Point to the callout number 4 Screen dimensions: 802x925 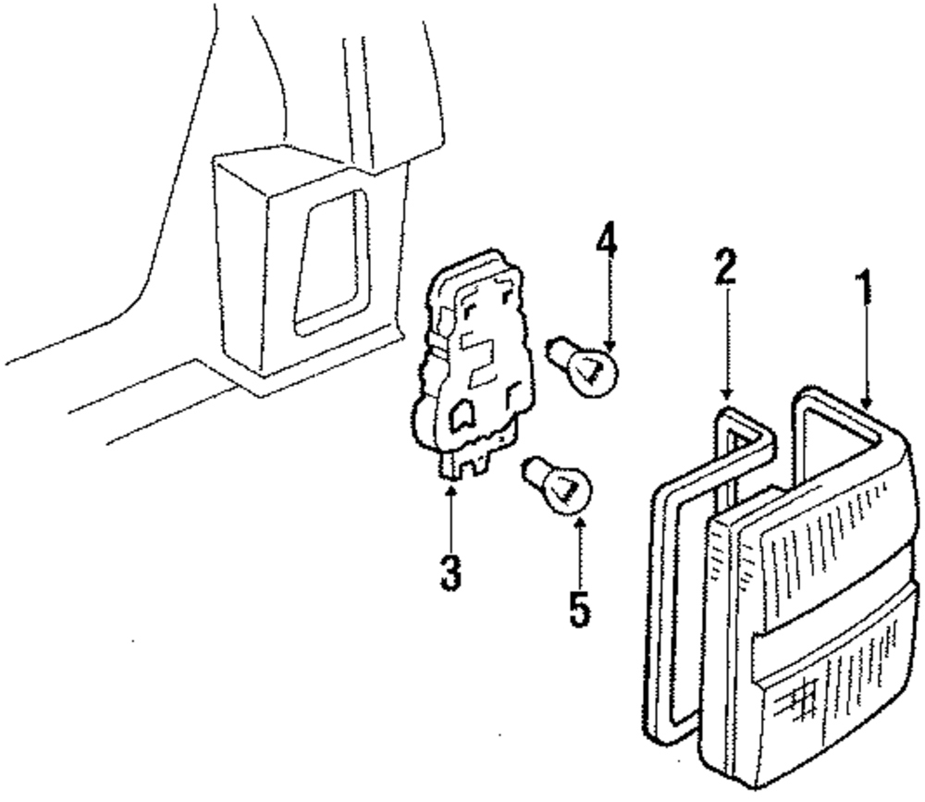coord(606,243)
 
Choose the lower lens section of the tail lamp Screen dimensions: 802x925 coord(832,703)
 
